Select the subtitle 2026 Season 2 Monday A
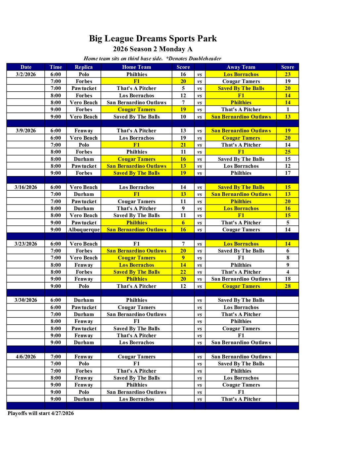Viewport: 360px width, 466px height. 153,49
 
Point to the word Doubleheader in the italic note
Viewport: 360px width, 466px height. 204,59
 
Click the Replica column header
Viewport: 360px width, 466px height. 84,67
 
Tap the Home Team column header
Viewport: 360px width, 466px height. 136,67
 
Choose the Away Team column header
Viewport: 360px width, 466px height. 241,67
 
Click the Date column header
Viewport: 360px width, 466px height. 26,67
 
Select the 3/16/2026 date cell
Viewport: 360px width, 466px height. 26,187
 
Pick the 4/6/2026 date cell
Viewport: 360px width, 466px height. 26,357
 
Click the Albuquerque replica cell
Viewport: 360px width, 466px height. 84,230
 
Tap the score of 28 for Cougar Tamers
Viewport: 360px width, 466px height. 288,286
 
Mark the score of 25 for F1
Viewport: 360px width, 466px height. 288,152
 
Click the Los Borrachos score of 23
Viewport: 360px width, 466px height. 288,74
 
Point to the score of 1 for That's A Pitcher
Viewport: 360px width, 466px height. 288,110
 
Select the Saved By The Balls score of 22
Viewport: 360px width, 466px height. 183,272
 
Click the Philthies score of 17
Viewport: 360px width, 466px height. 288,173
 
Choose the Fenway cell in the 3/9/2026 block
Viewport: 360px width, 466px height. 84,131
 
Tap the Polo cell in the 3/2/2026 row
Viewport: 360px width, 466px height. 84,74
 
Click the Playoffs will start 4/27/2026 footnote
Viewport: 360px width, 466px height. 41,413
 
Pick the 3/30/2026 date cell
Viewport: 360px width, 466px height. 26,300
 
